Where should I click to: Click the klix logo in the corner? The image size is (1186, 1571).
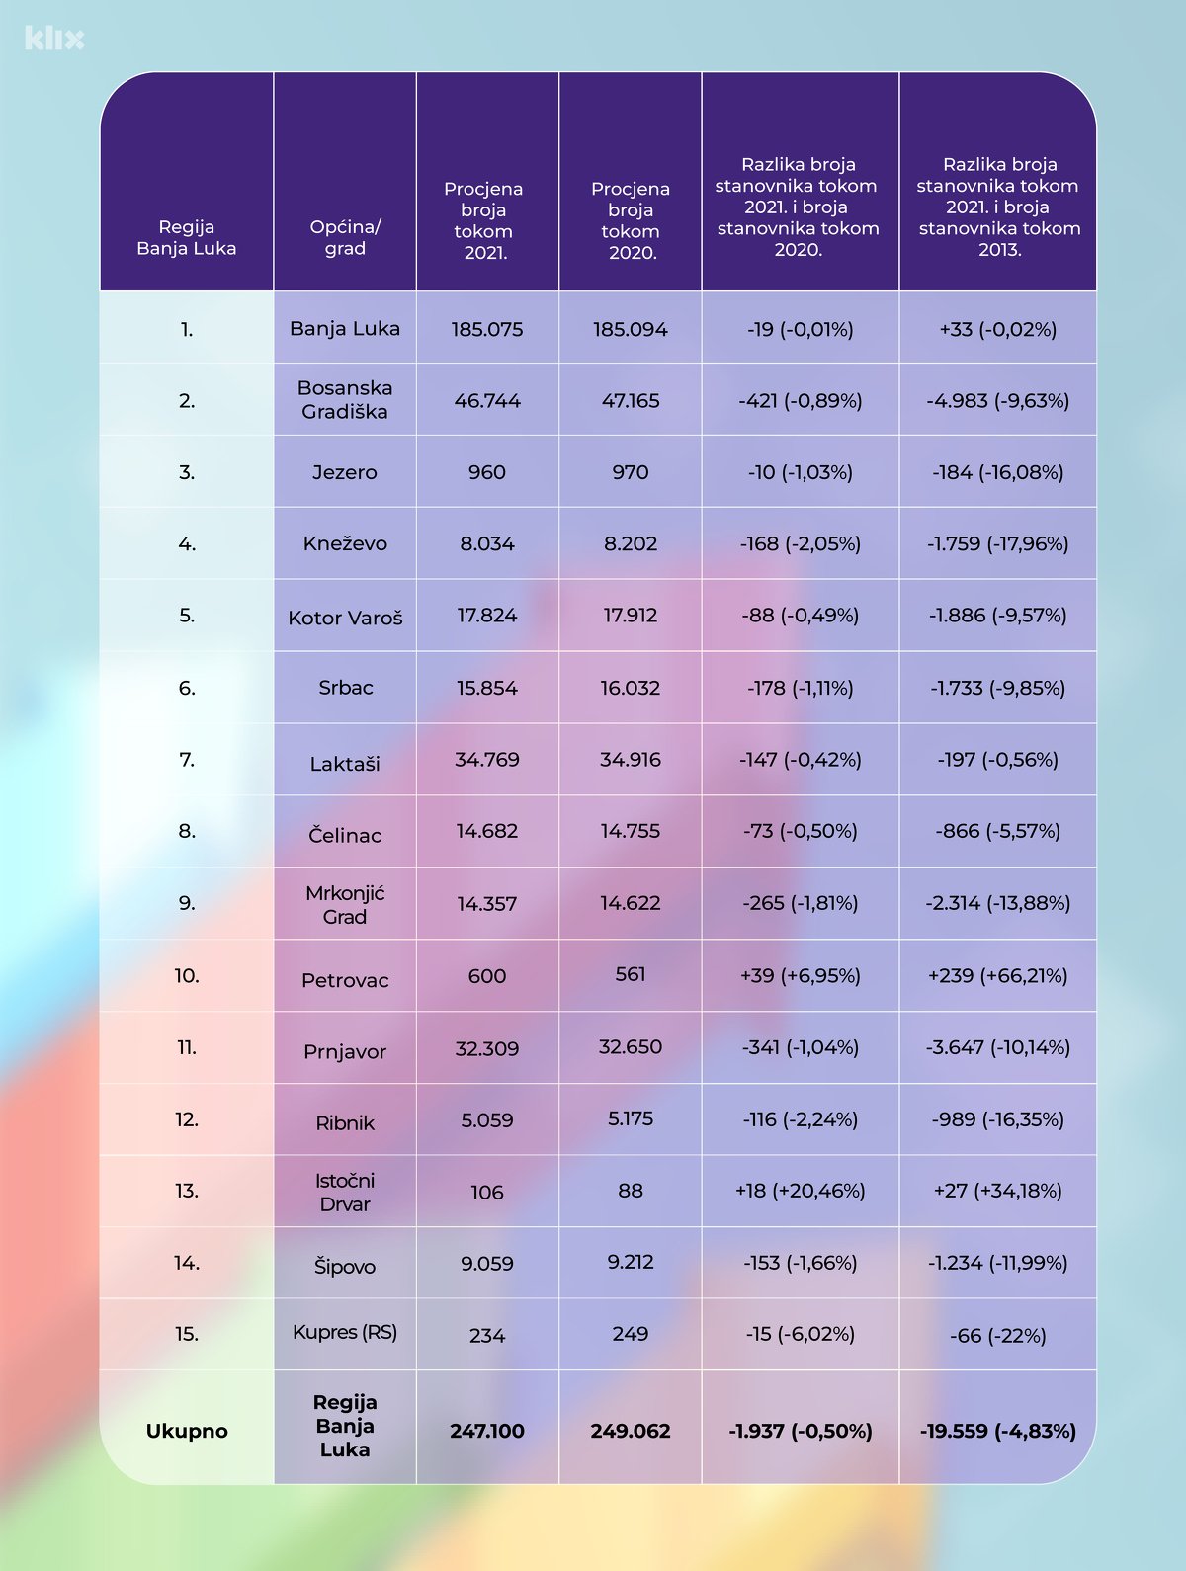click(54, 39)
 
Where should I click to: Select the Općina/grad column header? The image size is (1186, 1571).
click(345, 237)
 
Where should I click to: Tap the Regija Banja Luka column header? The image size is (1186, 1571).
click(186, 237)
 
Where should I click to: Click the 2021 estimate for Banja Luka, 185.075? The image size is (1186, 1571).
click(487, 329)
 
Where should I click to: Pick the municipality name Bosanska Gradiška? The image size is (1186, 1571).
click(345, 400)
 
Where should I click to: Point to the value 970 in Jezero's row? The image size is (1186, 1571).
click(631, 472)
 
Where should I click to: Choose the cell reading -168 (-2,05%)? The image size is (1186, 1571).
click(801, 543)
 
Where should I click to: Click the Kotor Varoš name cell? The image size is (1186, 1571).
click(345, 618)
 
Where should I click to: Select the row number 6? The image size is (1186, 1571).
click(187, 688)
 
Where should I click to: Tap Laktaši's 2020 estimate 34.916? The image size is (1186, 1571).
click(631, 759)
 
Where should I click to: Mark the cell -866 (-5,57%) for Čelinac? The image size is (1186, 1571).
click(998, 831)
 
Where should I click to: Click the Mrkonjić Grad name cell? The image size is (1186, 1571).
click(345, 904)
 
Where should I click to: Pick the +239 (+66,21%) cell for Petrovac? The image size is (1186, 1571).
click(998, 975)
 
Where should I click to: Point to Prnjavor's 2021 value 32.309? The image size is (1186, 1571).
click(487, 1048)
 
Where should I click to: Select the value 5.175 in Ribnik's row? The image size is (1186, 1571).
click(631, 1118)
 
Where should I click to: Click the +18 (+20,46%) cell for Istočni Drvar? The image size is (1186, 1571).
click(801, 1191)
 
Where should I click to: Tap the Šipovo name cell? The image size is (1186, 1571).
click(345, 1266)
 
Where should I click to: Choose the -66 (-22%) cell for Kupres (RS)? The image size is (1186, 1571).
click(998, 1336)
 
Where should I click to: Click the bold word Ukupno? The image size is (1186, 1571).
click(187, 1431)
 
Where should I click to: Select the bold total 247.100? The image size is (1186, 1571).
click(487, 1431)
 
